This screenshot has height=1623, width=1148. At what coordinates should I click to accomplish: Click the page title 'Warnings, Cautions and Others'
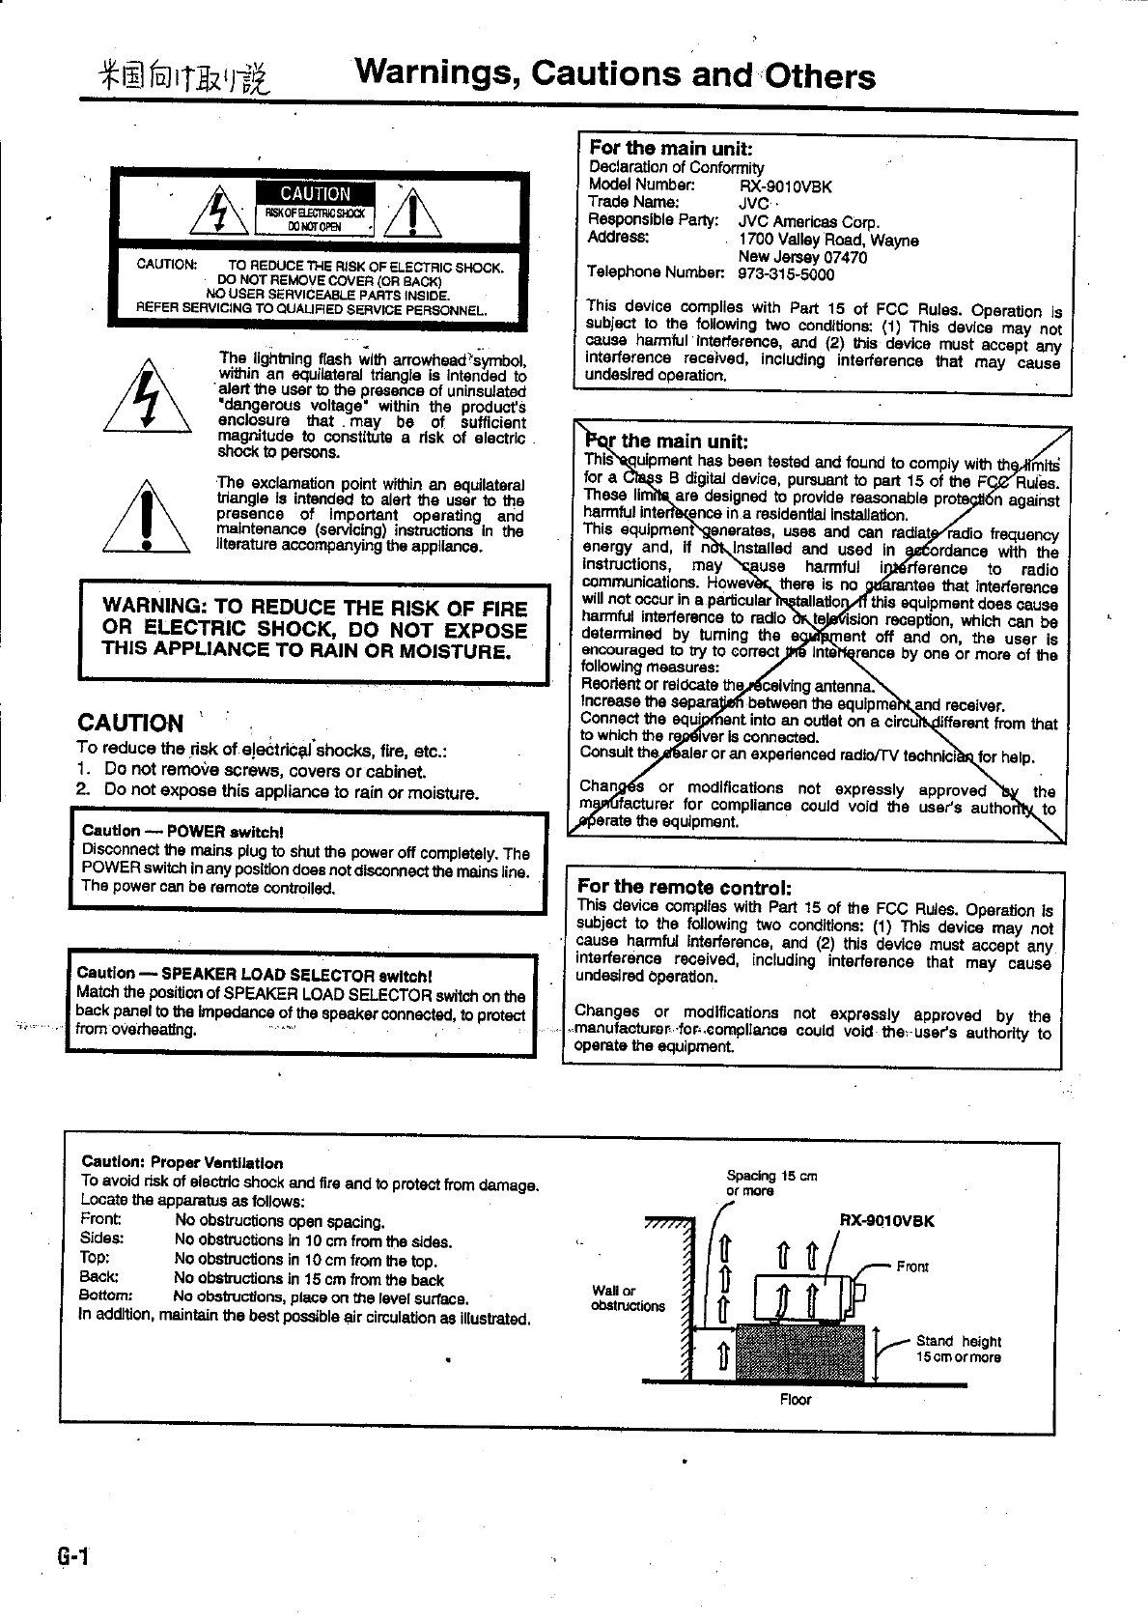click(615, 74)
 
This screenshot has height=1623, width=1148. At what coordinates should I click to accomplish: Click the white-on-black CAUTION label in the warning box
click(315, 194)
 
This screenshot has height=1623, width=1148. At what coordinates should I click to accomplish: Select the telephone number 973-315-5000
click(786, 274)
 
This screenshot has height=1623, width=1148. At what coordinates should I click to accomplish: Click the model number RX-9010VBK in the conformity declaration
click(784, 187)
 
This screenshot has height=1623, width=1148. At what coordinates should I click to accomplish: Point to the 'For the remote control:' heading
click(684, 887)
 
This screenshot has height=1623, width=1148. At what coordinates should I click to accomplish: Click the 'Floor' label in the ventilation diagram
click(796, 1399)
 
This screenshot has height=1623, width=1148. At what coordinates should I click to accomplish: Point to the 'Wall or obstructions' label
click(628, 1298)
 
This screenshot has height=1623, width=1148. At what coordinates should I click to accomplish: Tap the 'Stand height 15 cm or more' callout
click(958, 1349)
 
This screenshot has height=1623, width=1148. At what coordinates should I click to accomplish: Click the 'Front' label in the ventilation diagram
click(912, 1267)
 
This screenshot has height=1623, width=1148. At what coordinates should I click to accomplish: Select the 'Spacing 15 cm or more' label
click(771, 1182)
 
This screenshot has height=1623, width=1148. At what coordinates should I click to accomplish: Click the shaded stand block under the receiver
click(799, 1353)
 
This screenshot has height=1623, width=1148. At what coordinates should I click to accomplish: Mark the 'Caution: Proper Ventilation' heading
click(182, 1163)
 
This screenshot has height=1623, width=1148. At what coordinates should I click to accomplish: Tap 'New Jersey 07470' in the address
click(801, 257)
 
